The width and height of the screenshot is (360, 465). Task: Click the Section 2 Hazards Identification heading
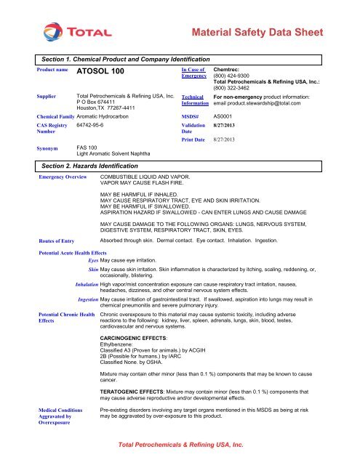click(94, 166)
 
